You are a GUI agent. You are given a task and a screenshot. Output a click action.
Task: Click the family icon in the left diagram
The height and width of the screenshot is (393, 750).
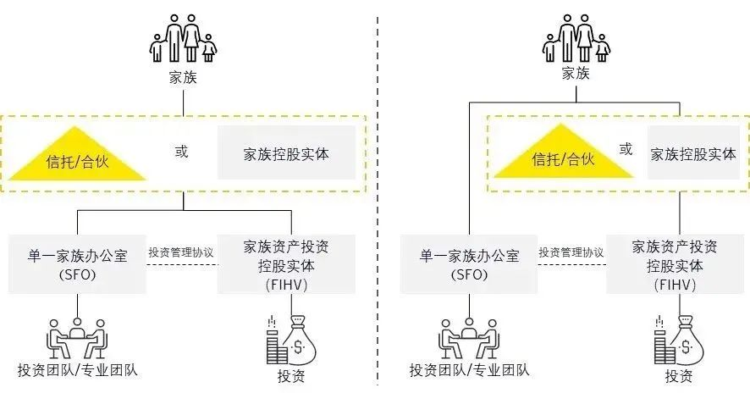click(183, 38)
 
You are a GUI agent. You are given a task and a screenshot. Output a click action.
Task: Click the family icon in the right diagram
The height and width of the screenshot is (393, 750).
click(576, 38)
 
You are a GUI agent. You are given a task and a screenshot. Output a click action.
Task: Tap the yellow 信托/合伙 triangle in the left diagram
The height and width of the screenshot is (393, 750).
click(77, 158)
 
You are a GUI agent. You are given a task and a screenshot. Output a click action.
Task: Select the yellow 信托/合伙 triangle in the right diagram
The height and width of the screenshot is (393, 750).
click(564, 156)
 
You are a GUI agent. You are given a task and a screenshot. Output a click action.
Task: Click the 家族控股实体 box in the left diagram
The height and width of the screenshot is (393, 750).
click(286, 152)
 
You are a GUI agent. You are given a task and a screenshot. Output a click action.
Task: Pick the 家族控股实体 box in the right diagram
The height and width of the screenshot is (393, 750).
click(693, 152)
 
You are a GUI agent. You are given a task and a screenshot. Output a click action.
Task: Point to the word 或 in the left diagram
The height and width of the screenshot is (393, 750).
click(181, 152)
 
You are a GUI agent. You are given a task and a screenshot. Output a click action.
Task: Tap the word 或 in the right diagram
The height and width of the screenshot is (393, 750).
click(626, 149)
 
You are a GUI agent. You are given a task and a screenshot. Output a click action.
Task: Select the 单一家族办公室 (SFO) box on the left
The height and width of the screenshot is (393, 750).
click(77, 264)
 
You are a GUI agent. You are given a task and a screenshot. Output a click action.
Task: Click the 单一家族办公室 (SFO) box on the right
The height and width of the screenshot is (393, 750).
click(469, 264)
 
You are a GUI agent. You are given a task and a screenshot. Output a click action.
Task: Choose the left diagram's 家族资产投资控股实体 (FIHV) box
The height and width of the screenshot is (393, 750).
click(286, 264)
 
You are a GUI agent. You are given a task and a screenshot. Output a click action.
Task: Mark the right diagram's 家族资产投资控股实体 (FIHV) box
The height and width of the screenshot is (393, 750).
click(675, 264)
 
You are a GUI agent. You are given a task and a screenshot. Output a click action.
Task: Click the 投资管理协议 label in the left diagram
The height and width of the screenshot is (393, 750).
click(181, 252)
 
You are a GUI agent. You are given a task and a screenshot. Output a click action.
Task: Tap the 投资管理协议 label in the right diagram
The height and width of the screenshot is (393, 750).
click(571, 252)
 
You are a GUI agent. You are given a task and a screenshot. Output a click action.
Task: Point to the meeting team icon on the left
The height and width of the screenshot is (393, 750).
click(77, 339)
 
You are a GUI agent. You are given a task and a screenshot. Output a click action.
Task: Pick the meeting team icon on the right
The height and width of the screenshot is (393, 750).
click(469, 339)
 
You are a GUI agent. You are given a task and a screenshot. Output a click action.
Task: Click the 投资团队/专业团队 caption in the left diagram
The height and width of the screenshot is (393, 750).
click(78, 370)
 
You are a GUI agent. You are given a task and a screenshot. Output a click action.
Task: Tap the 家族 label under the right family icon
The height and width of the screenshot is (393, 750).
click(576, 73)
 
